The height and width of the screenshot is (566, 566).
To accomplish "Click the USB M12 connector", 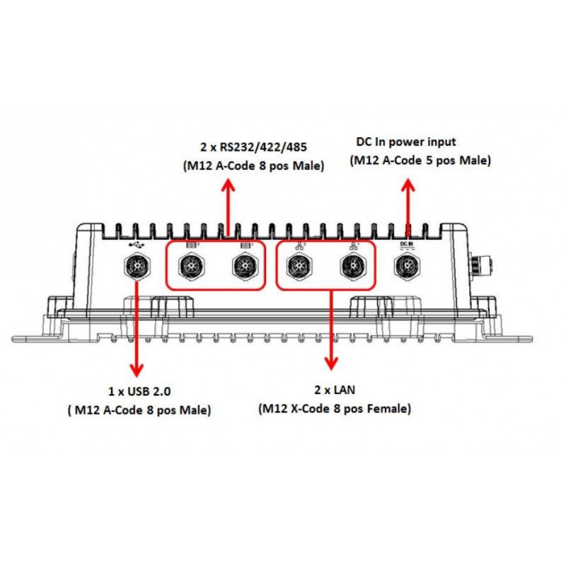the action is (137, 267).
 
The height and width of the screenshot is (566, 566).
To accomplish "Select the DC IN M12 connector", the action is (408, 267).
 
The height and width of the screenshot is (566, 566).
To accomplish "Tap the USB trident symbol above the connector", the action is (137, 245).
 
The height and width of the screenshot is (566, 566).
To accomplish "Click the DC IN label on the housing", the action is (407, 245).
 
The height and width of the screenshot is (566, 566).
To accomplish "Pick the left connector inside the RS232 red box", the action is (192, 267).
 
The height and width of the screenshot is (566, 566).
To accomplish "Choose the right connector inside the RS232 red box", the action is (246, 267).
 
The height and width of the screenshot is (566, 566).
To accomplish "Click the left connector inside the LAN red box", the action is (299, 267).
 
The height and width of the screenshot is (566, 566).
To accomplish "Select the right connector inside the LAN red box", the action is (354, 267).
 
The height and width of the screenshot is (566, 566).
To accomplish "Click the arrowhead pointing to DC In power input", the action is (408, 185).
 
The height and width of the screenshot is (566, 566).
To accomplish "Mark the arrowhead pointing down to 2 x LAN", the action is (331, 363).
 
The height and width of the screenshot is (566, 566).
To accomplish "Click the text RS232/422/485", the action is (263, 147).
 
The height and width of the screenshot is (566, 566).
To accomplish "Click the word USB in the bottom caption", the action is (139, 391).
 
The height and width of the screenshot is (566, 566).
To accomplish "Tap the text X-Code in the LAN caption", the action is (316, 409).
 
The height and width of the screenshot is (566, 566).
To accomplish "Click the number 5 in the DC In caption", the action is (429, 161).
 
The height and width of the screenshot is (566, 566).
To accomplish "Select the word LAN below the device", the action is (345, 390).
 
